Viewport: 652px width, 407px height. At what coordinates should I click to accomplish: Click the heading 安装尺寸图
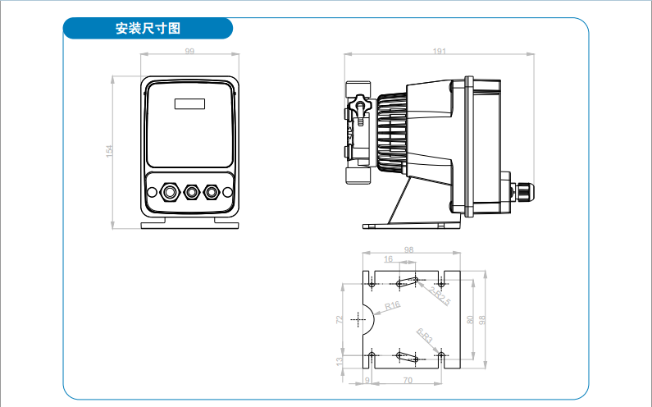148,29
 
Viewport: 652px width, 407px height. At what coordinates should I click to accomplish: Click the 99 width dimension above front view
189,51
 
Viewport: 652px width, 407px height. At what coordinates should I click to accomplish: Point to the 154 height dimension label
108,151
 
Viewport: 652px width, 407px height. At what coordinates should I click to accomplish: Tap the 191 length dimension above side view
439,51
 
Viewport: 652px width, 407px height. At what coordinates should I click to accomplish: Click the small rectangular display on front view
189,103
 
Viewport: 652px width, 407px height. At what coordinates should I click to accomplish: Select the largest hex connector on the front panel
170,192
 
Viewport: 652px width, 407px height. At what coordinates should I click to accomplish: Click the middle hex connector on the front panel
192,192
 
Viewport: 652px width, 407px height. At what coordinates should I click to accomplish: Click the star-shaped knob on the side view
362,107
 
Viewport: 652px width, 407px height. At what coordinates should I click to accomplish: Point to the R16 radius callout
392,306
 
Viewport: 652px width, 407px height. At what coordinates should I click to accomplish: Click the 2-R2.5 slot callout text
440,296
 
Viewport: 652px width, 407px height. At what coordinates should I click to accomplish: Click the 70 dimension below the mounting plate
407,381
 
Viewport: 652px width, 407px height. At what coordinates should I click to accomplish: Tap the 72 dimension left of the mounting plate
340,319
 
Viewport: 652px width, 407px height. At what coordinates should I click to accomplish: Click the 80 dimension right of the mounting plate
470,319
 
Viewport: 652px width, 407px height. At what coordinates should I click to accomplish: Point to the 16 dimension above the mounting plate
388,259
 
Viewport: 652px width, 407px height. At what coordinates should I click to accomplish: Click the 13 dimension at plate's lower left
340,360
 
